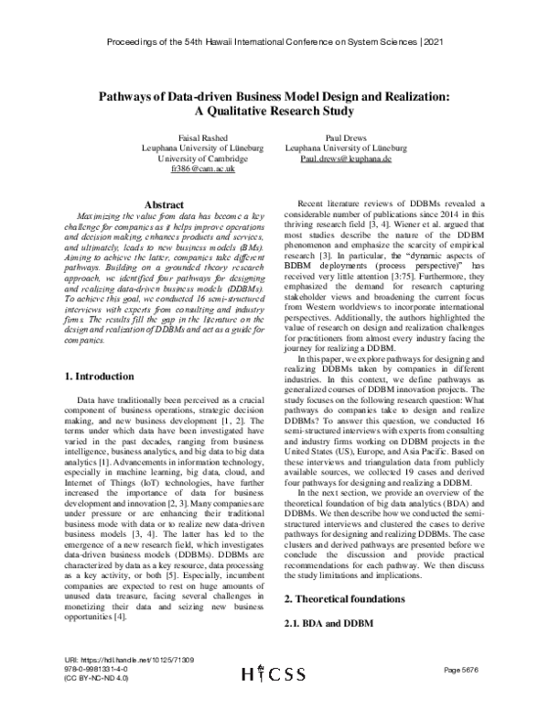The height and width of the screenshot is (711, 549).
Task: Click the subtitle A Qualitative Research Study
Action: pyautogui.click(x=274, y=112)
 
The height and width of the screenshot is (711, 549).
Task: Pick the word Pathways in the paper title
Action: pyautogui.click(x=124, y=96)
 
